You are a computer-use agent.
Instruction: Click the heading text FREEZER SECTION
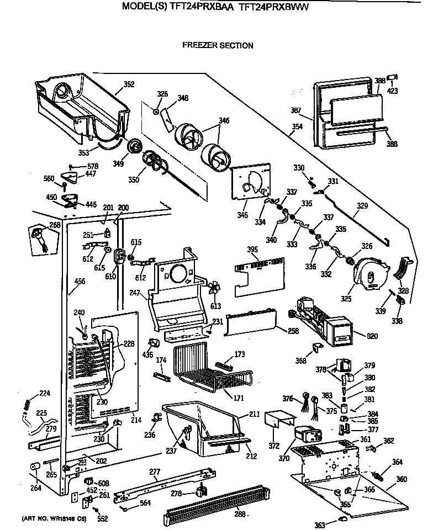tap(218, 46)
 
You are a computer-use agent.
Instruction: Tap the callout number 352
tap(129, 84)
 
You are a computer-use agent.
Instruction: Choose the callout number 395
tap(252, 250)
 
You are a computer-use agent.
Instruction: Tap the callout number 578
tap(93, 166)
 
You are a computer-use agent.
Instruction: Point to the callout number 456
tap(80, 282)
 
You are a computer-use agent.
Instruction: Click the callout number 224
tap(44, 394)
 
